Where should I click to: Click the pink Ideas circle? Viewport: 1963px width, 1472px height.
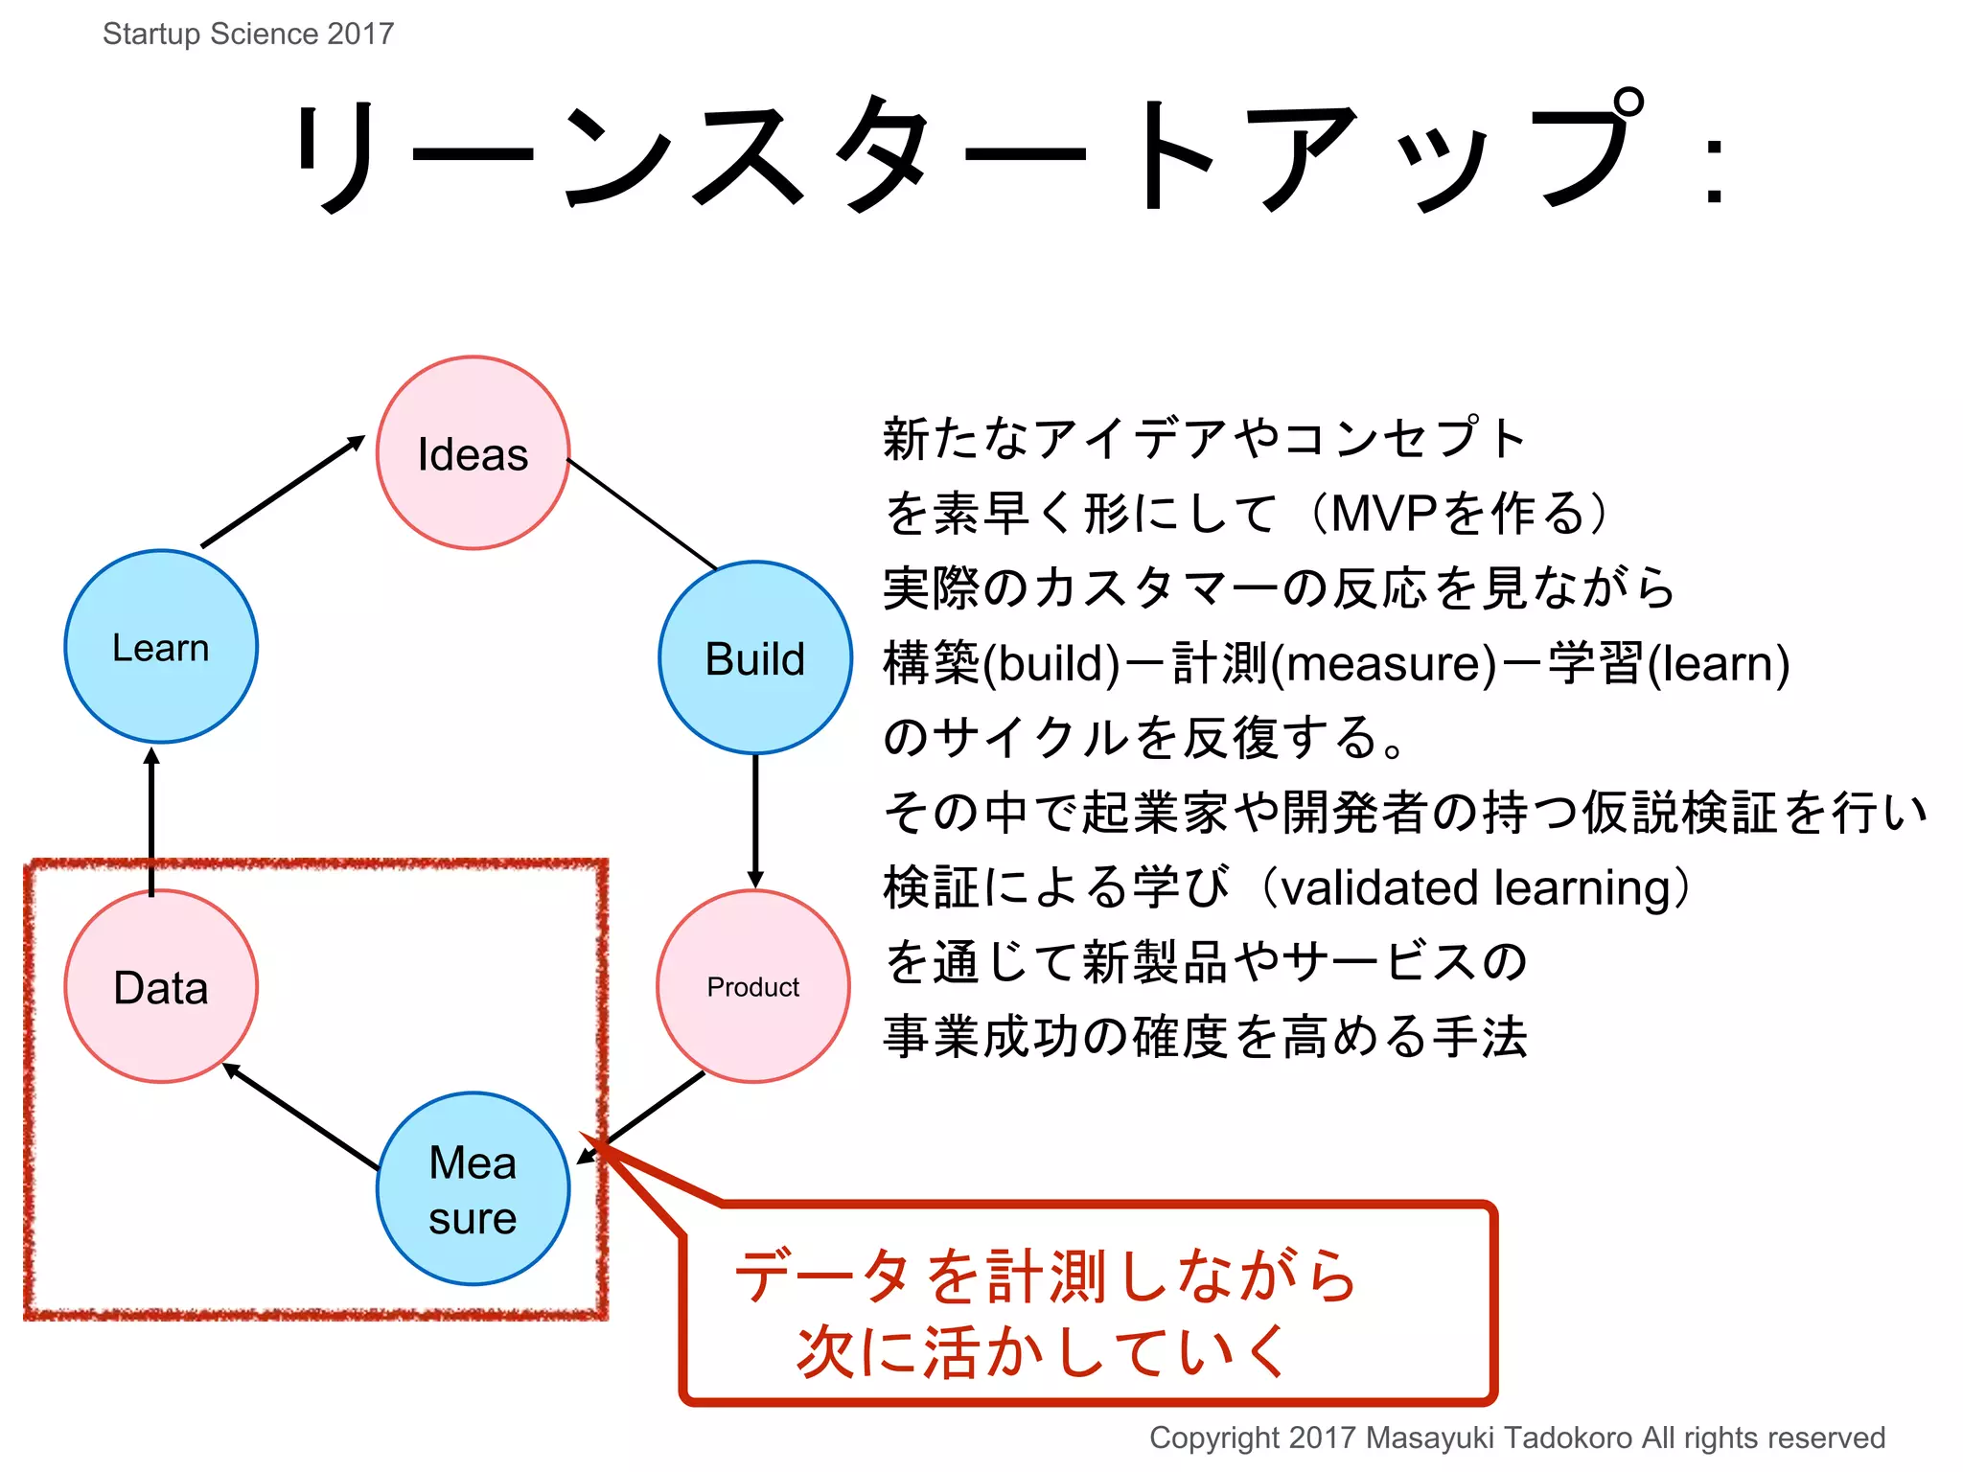pyautogui.click(x=473, y=452)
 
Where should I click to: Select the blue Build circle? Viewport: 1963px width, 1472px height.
pyautogui.click(x=754, y=657)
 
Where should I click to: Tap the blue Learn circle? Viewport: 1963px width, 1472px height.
pyautogui.click(x=161, y=646)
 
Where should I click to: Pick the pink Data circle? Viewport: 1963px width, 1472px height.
pyautogui.click(x=161, y=986)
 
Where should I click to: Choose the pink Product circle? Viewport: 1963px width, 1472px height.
pyautogui.click(x=752, y=986)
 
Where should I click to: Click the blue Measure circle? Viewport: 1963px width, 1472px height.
pyautogui.click(x=473, y=1188)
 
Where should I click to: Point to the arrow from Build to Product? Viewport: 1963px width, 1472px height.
pyautogui.click(x=755, y=820)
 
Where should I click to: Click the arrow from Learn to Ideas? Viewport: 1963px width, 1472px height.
pyautogui.click(x=283, y=492)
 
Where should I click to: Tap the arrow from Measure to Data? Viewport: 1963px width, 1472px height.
pyautogui.click(x=301, y=1116)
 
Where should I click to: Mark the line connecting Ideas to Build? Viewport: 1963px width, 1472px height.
pyautogui.click(x=641, y=514)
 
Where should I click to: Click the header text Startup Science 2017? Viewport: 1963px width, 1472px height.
pyautogui.click(x=248, y=34)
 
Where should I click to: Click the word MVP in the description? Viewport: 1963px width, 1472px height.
pyautogui.click(x=1383, y=513)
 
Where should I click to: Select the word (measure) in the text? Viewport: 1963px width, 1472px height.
pyautogui.click(x=1384, y=663)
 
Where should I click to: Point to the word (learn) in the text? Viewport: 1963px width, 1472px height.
pyautogui.click(x=1718, y=663)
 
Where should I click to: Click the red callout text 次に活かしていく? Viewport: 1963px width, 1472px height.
pyautogui.click(x=1042, y=1351)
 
